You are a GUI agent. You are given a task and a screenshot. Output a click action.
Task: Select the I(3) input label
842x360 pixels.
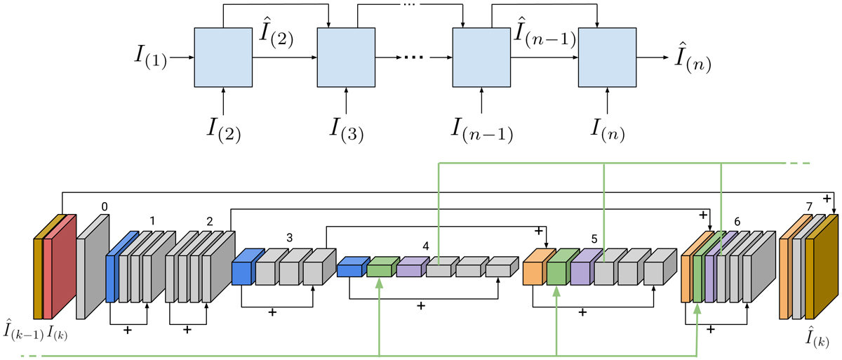coord(347,129)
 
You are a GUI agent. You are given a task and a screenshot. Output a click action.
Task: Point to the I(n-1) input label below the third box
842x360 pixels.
coord(481,129)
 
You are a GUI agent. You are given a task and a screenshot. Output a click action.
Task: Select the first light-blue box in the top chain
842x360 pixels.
coord(224,58)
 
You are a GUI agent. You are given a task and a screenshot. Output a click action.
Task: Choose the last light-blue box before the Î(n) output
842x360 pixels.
coord(606,58)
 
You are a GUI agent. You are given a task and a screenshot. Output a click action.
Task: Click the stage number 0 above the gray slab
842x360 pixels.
coord(105,207)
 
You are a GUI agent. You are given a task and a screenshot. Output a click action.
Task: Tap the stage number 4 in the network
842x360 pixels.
coord(425,246)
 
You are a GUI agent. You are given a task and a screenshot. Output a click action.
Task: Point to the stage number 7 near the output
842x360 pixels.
coord(809,206)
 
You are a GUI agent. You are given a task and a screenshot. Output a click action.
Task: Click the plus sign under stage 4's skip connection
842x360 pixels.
coord(420,306)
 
